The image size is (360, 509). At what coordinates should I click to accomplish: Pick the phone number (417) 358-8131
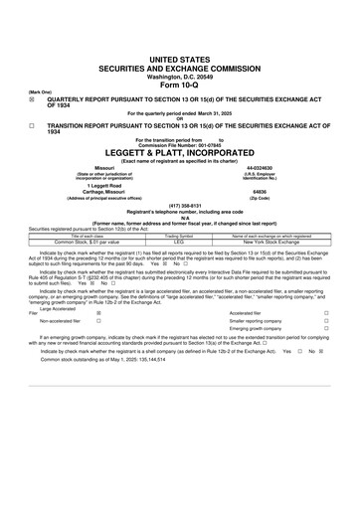(179, 207)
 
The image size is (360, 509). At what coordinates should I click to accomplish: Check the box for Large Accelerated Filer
(97, 312)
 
